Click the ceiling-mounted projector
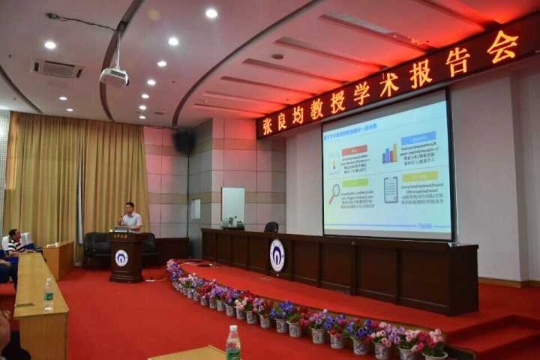(114, 76)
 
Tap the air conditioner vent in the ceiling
(57, 69)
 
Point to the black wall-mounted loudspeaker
(183, 141)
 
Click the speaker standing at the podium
(130, 218)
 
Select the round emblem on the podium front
(121, 257)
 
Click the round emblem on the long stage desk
(277, 255)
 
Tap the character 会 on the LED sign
(502, 46)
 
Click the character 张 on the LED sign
(267, 125)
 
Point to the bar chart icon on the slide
(389, 155)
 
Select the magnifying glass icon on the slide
(334, 193)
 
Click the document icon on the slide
(391, 190)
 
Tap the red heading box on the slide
(354, 150)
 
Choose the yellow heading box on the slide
(419, 177)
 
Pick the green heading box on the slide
(355, 182)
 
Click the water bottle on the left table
(49, 294)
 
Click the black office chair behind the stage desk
(271, 226)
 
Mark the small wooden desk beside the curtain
(59, 258)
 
